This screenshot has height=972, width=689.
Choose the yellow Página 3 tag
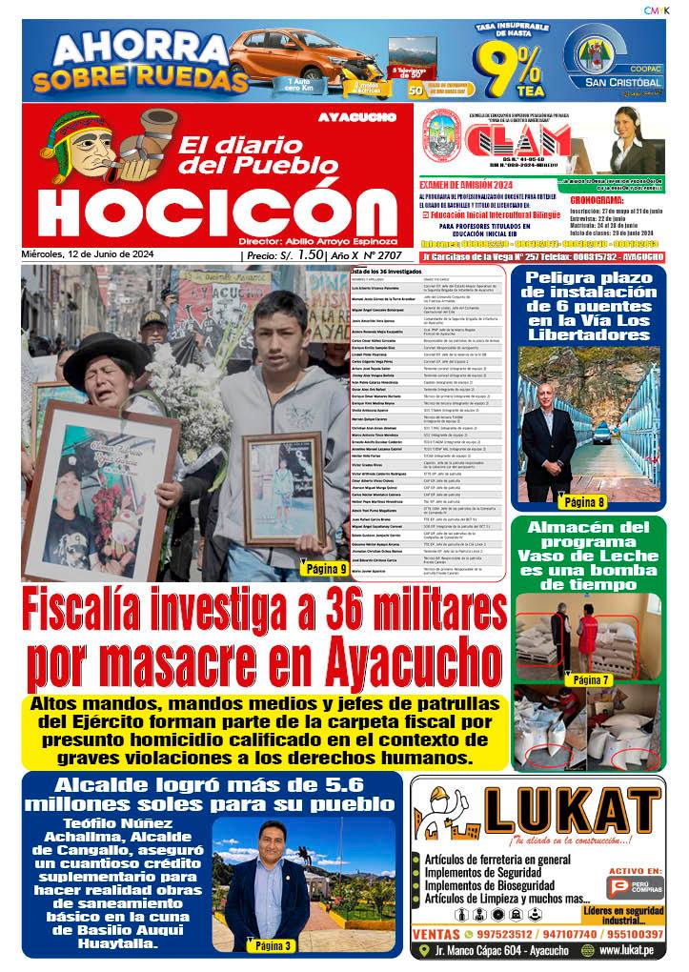point(273,945)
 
